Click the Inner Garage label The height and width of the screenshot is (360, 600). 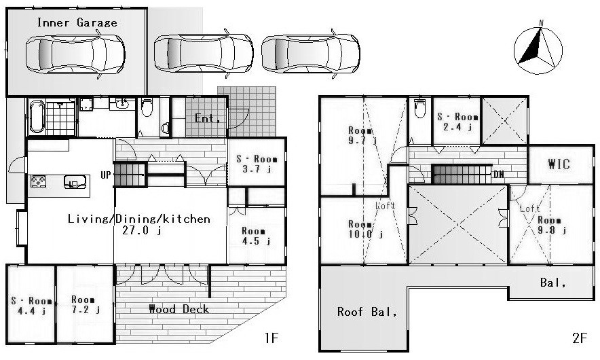[77, 22]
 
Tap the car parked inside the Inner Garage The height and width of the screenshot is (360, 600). [75, 54]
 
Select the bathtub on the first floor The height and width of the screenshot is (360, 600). [37, 116]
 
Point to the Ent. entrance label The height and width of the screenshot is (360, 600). [208, 118]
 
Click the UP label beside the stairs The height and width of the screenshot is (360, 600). [106, 175]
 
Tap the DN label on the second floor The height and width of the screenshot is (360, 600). [499, 175]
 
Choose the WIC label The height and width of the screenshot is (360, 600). [559, 164]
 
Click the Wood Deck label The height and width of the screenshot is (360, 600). [179, 308]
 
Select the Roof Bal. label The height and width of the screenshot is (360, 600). [367, 312]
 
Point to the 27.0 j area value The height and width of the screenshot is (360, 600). [141, 230]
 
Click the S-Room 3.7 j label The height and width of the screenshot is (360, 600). [257, 164]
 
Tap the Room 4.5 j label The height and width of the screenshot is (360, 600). [256, 236]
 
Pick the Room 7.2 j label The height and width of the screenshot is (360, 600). [85, 304]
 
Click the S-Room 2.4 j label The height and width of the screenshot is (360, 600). [457, 122]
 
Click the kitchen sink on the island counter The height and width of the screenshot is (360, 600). [73, 181]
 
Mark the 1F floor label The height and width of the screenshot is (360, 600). [271, 338]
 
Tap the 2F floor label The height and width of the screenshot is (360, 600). [580, 338]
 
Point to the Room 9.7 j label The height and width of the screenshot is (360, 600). [362, 136]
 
